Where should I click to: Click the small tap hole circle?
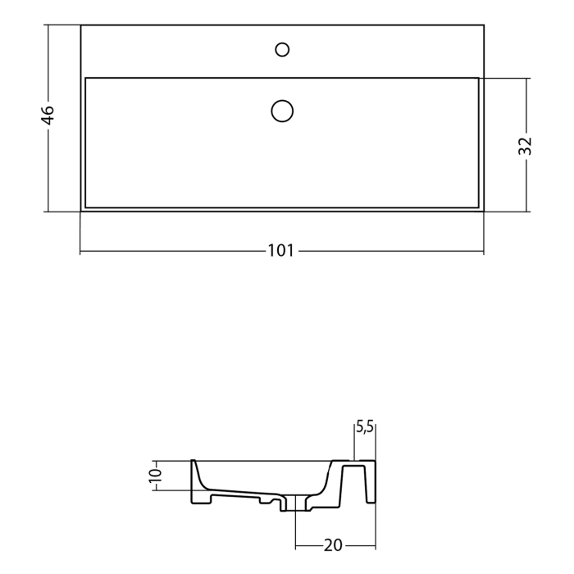coord(282,50)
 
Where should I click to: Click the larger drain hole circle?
coord(282,110)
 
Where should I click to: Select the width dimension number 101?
coord(280,251)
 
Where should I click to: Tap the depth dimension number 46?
coord(48,115)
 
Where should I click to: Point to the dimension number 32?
coord(526,145)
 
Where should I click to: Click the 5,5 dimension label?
coord(364,426)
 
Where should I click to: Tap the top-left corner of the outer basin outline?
coord(80,25)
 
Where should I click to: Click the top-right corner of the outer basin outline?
coord(484,25)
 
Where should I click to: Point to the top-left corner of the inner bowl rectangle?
coord(85,78)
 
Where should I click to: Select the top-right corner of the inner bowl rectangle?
coord(478,78)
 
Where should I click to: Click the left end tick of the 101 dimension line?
coord(80,251)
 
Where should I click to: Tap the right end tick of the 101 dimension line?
coord(484,251)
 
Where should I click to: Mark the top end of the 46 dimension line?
coord(48,25)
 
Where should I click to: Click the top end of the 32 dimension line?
coord(526,78)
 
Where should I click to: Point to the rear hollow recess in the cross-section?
coord(354,484)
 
